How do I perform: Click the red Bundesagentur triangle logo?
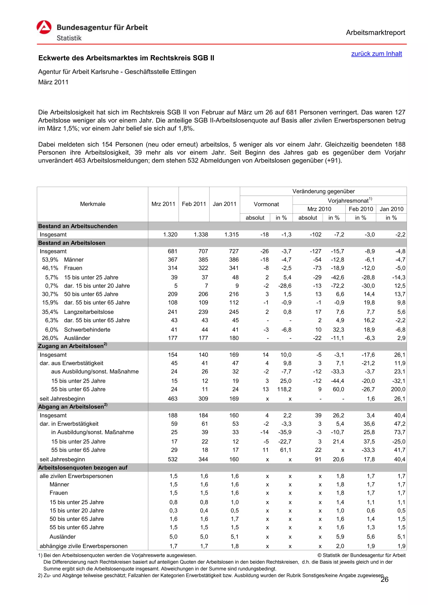pos(44,27)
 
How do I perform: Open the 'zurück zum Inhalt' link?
pos(376,54)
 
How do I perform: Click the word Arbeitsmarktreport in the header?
pos(375,33)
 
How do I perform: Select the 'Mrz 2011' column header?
pos(163,204)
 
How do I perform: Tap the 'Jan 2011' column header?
pos(224,204)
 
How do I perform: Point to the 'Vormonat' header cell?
pos(266,204)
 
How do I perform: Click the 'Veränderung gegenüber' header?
pos(323,191)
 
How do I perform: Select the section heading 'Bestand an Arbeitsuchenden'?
pos(78,226)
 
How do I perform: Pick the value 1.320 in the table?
pos(170,235)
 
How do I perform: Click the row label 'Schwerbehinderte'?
pos(87,330)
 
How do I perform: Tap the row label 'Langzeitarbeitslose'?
pos(89,312)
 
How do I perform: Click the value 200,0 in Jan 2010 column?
pos(398,389)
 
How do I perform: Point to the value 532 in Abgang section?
pos(173,459)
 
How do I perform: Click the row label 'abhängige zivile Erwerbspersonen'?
pos(84,546)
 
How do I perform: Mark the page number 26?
pos(385,580)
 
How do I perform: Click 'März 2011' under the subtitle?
pos(53,82)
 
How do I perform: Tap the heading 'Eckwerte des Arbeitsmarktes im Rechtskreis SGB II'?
pos(126,58)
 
